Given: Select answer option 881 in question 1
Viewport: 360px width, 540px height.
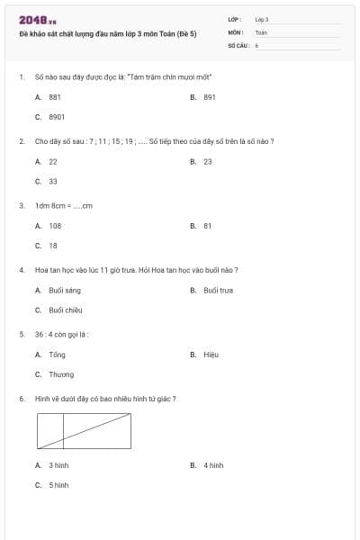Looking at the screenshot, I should pyautogui.click(x=55, y=96).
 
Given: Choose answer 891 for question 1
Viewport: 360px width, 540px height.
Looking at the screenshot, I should pyautogui.click(x=210, y=96).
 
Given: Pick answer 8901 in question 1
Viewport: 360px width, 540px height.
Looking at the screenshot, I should pyautogui.click(x=57, y=117).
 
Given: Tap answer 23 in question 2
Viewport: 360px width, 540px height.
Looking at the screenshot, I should pyautogui.click(x=208, y=161).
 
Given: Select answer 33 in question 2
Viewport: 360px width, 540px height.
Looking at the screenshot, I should pyautogui.click(x=53, y=181).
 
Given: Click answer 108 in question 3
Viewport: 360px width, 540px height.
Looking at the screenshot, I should pyautogui.click(x=55, y=226).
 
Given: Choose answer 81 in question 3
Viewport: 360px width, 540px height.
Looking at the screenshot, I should pyautogui.click(x=207, y=226).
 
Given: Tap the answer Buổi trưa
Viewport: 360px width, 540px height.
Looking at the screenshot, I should pyautogui.click(x=219, y=290).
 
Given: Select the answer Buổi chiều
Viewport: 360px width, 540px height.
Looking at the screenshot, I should pyautogui.click(x=66, y=310).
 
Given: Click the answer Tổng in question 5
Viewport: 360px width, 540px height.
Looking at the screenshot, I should pyautogui.click(x=58, y=355).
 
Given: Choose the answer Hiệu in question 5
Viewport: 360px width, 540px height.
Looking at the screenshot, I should pyautogui.click(x=211, y=355).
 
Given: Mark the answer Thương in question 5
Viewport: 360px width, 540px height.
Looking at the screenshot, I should pyautogui.click(x=61, y=374).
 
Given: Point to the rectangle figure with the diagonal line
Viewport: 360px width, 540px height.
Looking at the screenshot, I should pyautogui.click(x=84, y=430).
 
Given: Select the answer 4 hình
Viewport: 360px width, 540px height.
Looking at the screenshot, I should pyautogui.click(x=213, y=465).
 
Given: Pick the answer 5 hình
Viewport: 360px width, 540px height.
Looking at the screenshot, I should pyautogui.click(x=58, y=485).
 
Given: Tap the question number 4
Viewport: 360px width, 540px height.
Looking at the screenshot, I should pyautogui.click(x=21, y=270).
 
